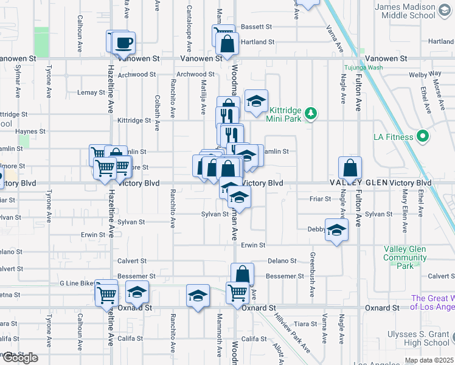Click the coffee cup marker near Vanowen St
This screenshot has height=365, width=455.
click(x=124, y=43)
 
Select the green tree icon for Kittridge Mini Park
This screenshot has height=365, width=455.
click(x=311, y=113)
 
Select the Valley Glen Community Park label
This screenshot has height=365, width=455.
click(x=405, y=257)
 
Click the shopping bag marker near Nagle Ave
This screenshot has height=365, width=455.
click(x=350, y=167)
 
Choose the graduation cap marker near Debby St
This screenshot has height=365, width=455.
click(x=335, y=229)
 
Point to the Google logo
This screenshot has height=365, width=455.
click(x=20, y=357)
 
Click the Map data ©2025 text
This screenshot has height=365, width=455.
click(x=429, y=361)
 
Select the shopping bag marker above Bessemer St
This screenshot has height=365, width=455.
click(x=242, y=274)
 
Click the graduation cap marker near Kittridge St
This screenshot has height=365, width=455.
click(x=256, y=102)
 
